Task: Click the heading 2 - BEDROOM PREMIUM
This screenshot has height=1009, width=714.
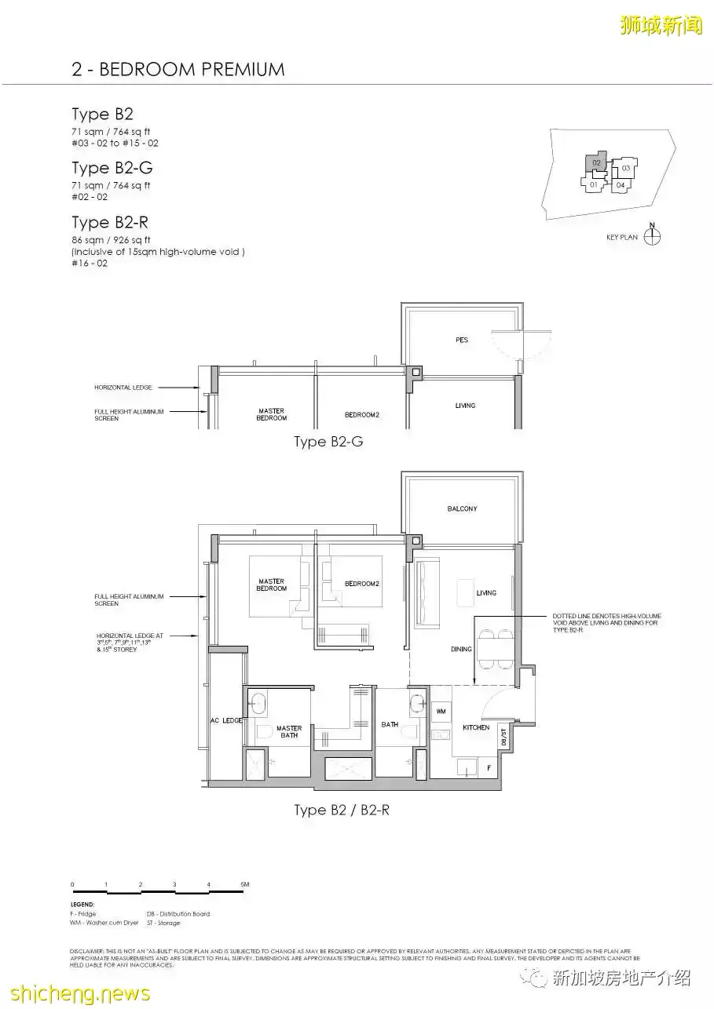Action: point(178,69)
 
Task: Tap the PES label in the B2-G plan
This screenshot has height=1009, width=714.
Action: point(462,340)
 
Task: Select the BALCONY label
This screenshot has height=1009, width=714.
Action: point(462,509)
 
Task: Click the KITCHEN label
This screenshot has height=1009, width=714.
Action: point(476,727)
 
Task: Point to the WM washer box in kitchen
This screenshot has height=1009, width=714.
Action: point(439,709)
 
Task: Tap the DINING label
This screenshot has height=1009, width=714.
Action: point(461,649)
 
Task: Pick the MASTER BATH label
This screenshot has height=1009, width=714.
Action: point(289,731)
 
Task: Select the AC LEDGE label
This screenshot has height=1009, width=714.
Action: point(226,720)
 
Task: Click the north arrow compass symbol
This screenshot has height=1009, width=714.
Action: point(652,235)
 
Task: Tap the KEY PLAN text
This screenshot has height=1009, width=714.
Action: point(622,237)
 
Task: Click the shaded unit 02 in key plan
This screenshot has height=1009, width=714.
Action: point(596,163)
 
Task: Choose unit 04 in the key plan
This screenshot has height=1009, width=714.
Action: point(621,185)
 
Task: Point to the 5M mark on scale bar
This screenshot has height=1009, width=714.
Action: point(244,885)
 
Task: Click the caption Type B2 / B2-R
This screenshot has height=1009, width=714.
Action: point(341,810)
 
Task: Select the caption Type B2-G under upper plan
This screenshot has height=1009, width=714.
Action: point(328,442)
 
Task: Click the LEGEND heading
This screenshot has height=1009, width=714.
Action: point(82,905)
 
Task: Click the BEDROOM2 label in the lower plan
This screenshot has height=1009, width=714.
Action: point(362,584)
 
